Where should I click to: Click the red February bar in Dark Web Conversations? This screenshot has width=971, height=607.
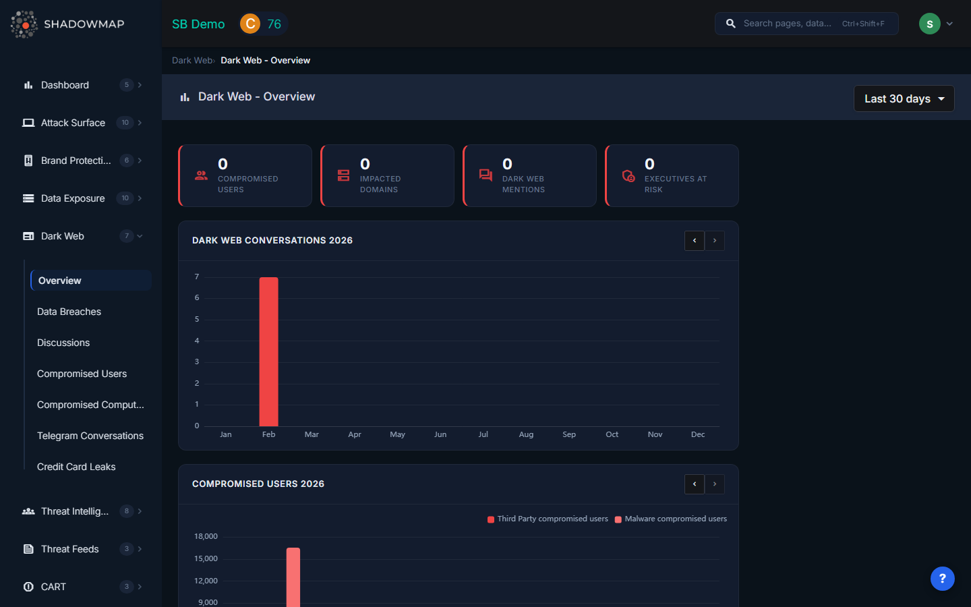pyautogui.click(x=268, y=351)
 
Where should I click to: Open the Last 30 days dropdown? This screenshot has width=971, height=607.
pyautogui.click(x=904, y=98)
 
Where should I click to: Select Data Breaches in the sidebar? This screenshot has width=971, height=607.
pyautogui.click(x=69, y=312)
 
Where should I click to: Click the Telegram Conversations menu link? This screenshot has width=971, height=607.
pyautogui.click(x=90, y=436)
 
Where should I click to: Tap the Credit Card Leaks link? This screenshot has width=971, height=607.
pyautogui.click(x=76, y=467)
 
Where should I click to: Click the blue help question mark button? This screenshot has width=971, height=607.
pyautogui.click(x=942, y=579)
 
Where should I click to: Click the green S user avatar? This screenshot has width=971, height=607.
pyautogui.click(x=929, y=24)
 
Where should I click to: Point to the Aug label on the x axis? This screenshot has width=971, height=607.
pyautogui.click(x=526, y=434)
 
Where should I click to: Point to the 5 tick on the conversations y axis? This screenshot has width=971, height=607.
pyautogui.click(x=197, y=319)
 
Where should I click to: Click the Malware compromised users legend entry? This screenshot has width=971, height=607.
pyautogui.click(x=671, y=519)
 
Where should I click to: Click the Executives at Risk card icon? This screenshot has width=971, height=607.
pyautogui.click(x=628, y=176)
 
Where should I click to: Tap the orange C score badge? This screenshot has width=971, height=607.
pyautogui.click(x=250, y=24)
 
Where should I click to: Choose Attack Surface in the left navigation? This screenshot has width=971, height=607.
pyautogui.click(x=73, y=123)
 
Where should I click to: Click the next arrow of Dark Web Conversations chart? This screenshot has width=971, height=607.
pyautogui.click(x=715, y=241)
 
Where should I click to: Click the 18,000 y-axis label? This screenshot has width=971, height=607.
pyautogui.click(x=206, y=536)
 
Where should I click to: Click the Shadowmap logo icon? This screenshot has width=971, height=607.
pyautogui.click(x=24, y=24)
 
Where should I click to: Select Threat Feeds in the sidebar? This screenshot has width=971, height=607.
pyautogui.click(x=69, y=549)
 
